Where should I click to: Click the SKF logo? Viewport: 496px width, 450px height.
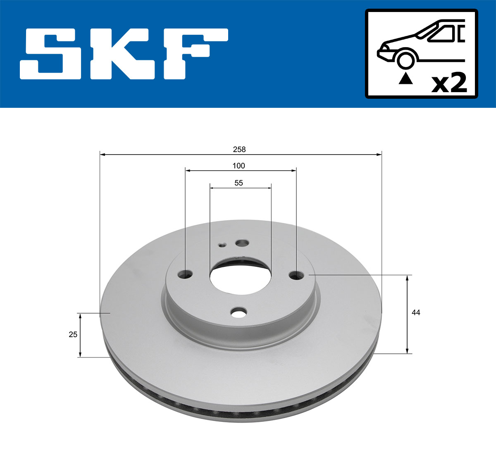point(124,54)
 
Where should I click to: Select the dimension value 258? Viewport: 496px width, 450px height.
point(239,149)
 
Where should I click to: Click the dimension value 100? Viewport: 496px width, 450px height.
point(238,166)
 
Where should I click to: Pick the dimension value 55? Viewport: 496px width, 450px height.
point(238,183)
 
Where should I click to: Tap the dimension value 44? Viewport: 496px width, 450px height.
point(416,313)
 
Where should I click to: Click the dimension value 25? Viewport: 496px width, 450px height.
point(73,334)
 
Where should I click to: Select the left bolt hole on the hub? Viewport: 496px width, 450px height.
point(186,274)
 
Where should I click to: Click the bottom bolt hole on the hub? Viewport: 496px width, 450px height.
point(238,313)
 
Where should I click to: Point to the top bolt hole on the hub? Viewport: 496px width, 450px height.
point(241,243)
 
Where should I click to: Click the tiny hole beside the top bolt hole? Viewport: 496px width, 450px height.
point(222,245)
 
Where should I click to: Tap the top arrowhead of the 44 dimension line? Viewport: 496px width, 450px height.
point(408,278)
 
